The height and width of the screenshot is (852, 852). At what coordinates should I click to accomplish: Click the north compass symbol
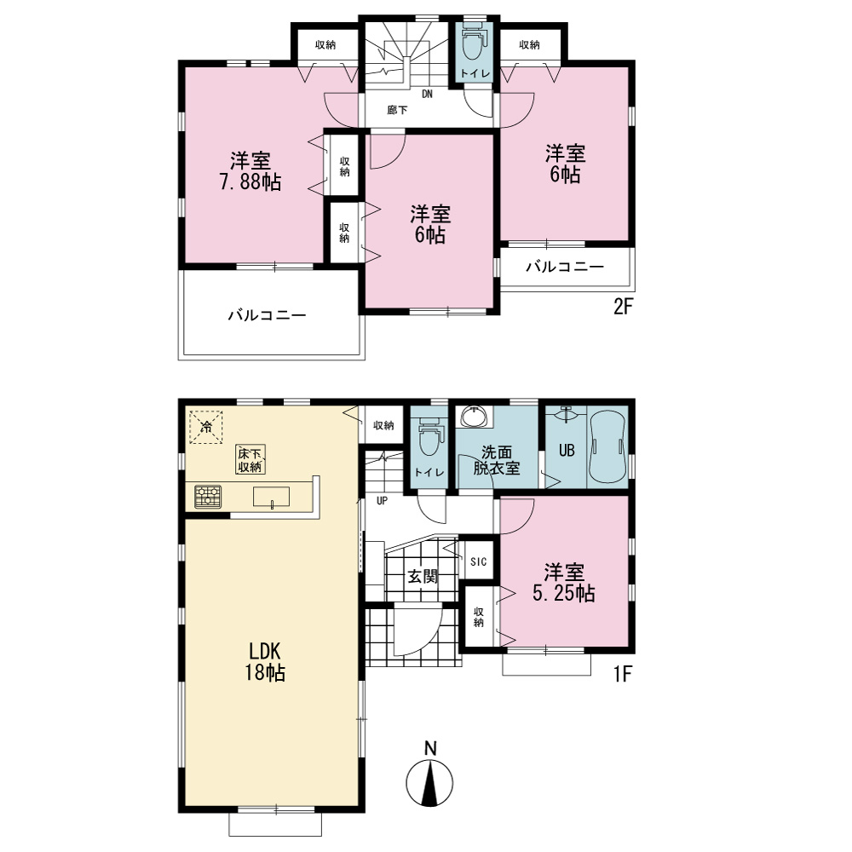pos(429,774)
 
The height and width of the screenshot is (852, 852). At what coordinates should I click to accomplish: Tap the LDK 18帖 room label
pos(265,661)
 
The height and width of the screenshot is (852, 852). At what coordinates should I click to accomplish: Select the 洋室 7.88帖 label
pos(250,171)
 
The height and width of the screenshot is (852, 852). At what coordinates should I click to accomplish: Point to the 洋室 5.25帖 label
pos(564,583)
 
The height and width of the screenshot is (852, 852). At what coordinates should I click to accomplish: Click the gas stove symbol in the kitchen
pos(208,497)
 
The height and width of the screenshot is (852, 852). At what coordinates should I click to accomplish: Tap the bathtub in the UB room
pos(608,446)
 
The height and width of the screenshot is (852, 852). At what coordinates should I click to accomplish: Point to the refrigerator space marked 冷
pos(206,427)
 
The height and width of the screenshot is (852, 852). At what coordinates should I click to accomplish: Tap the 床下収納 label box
pos(250,460)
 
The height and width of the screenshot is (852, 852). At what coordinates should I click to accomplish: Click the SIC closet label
pos(479,561)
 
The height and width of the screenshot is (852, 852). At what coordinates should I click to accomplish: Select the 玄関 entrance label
pos(423,576)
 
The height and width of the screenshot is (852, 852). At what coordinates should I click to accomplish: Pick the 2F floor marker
pos(624,307)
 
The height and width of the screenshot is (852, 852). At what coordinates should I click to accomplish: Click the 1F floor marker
pos(623,674)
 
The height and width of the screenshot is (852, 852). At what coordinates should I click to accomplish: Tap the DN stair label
pos(428,94)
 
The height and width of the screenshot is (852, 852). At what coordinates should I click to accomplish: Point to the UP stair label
pos(382,500)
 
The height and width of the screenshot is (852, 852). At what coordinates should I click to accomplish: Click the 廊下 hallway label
pos(397,110)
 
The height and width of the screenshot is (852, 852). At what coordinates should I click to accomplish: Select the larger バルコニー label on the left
pos(267,315)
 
